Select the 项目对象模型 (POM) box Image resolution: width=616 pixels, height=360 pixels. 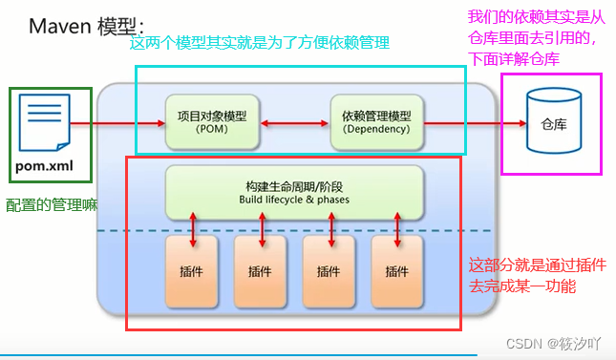click(x=212, y=121)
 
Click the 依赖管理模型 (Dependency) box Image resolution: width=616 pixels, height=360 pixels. click(x=374, y=121)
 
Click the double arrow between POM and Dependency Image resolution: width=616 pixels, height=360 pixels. click(x=294, y=122)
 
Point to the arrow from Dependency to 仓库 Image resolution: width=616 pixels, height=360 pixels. click(x=472, y=122)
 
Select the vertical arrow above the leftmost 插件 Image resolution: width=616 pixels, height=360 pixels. click(x=192, y=229)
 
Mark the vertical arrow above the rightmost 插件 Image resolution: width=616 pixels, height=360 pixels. click(x=398, y=229)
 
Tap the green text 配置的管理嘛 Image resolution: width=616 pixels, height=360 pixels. click(x=52, y=205)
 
